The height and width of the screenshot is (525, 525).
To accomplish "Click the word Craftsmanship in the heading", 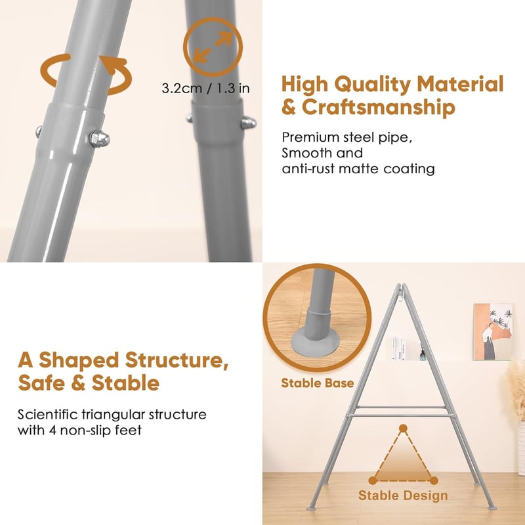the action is (x=379, y=108).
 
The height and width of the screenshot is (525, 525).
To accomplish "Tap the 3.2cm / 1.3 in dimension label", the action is (x=205, y=89).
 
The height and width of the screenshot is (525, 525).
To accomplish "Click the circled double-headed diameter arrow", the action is (x=213, y=47).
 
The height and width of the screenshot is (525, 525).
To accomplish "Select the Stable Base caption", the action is (x=318, y=383).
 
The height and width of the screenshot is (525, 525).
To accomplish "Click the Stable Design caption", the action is (x=403, y=495).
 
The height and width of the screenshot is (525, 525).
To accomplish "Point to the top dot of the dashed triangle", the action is (x=403, y=429).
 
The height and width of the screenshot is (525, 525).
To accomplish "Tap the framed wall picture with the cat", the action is (x=493, y=332).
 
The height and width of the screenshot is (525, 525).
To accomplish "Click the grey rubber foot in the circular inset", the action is (x=315, y=340).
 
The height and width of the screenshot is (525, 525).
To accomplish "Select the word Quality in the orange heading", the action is (x=373, y=84).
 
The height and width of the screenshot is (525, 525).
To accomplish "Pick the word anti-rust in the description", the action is (x=308, y=169).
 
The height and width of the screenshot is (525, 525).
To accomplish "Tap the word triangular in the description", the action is (x=112, y=415).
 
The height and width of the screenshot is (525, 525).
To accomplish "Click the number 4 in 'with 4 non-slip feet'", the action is (x=52, y=430).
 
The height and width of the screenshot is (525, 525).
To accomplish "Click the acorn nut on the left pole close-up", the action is (x=99, y=138).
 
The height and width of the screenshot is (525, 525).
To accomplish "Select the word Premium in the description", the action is (x=306, y=138).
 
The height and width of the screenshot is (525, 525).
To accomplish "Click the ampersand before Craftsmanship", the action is (x=289, y=108).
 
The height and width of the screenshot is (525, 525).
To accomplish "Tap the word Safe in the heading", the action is (x=41, y=383).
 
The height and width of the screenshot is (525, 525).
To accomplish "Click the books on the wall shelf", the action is (x=398, y=349).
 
